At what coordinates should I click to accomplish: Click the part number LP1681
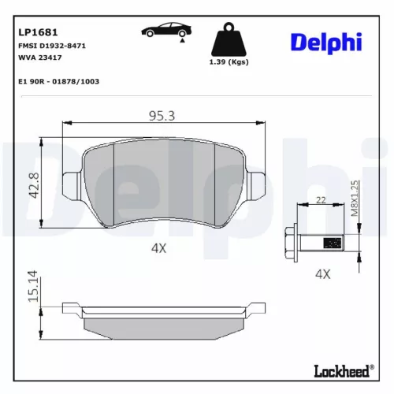35,34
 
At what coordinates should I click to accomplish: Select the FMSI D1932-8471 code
51,46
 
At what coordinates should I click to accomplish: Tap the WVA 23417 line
39,58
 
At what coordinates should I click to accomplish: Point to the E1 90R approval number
58,81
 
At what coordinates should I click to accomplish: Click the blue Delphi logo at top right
329,41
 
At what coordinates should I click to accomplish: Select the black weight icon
229,41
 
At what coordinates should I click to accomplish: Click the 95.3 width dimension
162,117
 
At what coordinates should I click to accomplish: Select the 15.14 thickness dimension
34,286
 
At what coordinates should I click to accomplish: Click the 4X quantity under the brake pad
160,247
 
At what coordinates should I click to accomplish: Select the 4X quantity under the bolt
322,273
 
